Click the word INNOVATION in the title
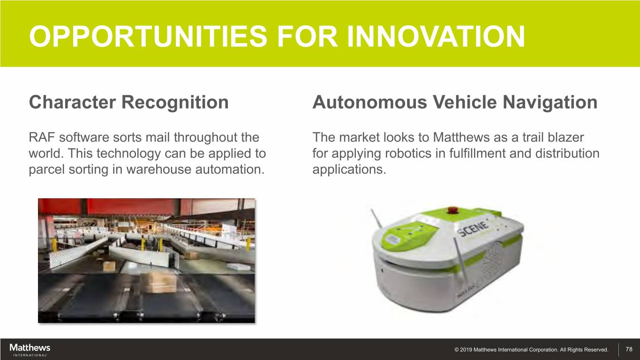[436, 37]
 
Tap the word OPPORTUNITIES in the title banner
[148, 37]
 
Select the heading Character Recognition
[129, 103]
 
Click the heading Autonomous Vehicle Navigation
[455, 103]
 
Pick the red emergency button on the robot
[452, 210]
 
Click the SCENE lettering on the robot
[473, 229]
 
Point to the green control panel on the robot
[407, 234]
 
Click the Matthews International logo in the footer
[30, 350]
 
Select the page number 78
[629, 349]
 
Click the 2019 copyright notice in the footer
[531, 350]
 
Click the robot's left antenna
[376, 218]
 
